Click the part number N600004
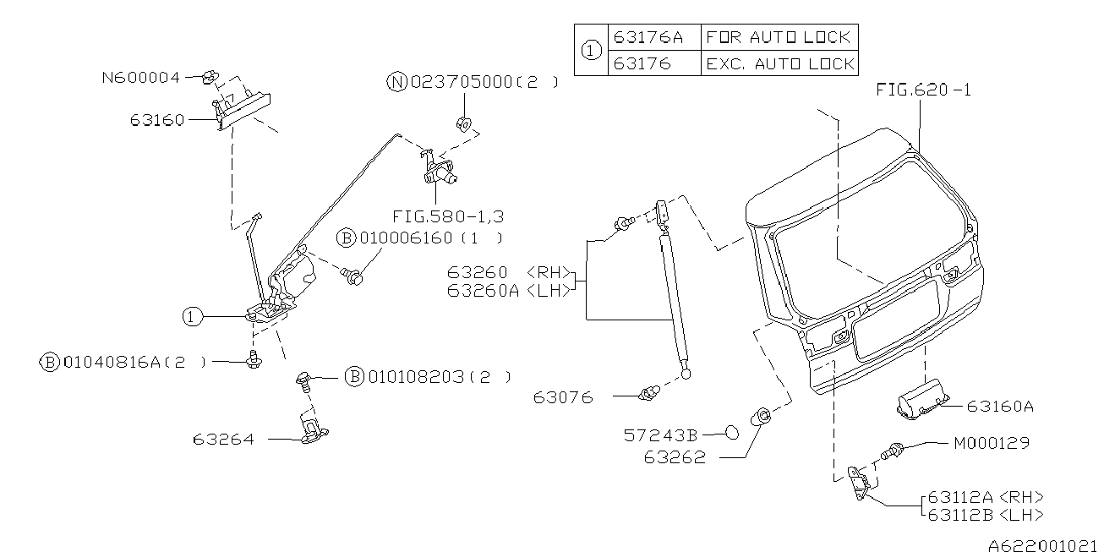coord(140,78)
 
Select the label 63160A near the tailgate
coord(999,407)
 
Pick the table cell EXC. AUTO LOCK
coord(779,63)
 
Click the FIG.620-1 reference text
coord(923,90)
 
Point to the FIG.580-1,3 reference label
coord(444,216)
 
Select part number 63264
coord(222,440)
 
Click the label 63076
coord(563,396)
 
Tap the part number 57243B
coord(660,435)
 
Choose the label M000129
coord(991,443)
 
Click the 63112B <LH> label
coord(985,514)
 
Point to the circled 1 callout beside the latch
coord(193,317)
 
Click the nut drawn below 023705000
coord(463,123)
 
